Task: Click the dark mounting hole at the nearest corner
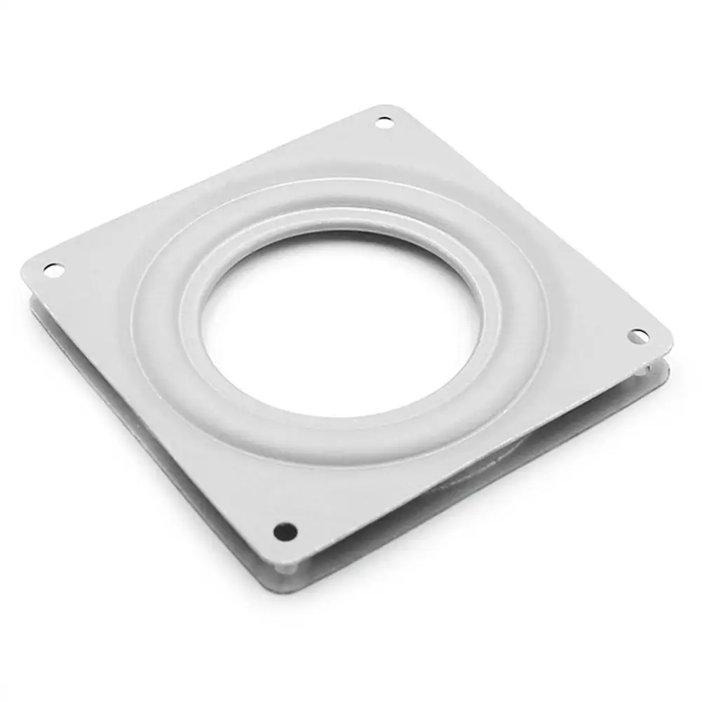(x=285, y=531)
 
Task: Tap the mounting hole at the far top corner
(x=384, y=123)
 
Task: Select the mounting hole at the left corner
(x=53, y=269)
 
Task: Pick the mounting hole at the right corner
(x=638, y=337)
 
